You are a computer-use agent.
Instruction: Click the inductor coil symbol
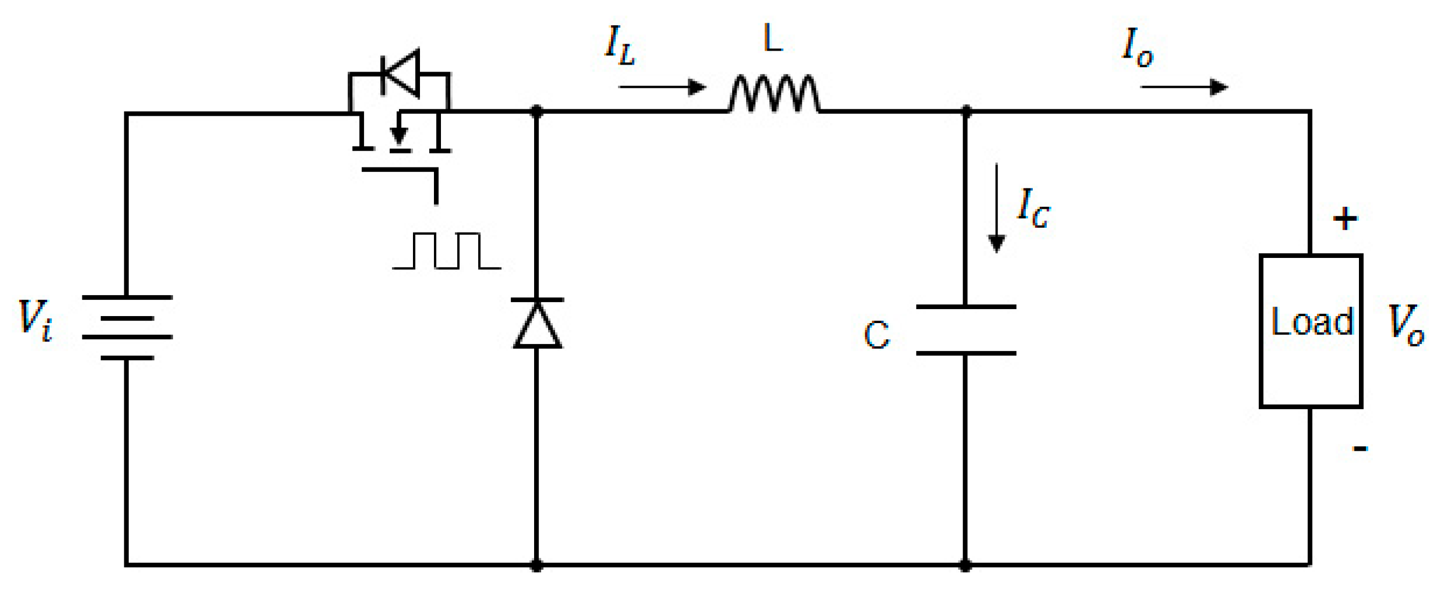pyautogui.click(x=774, y=94)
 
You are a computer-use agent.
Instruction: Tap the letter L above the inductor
pyautogui.click(x=773, y=39)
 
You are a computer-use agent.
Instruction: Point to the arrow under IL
pyautogui.click(x=662, y=87)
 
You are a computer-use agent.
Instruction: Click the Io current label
pyautogui.click(x=1137, y=47)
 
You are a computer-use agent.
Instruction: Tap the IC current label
pyautogui.click(x=1033, y=208)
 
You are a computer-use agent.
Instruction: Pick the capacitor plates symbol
pyautogui.click(x=966, y=330)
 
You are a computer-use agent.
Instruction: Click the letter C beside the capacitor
pyautogui.click(x=876, y=335)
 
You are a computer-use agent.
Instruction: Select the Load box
pyautogui.click(x=1311, y=331)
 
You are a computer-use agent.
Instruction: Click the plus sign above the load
pyautogui.click(x=1345, y=219)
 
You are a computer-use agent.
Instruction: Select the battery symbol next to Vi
pyautogui.click(x=127, y=327)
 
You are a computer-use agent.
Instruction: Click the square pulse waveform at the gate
pyautogui.click(x=447, y=251)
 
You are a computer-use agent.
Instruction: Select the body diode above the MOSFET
pyautogui.click(x=400, y=73)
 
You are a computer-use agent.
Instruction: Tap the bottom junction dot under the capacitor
pyautogui.click(x=965, y=565)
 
